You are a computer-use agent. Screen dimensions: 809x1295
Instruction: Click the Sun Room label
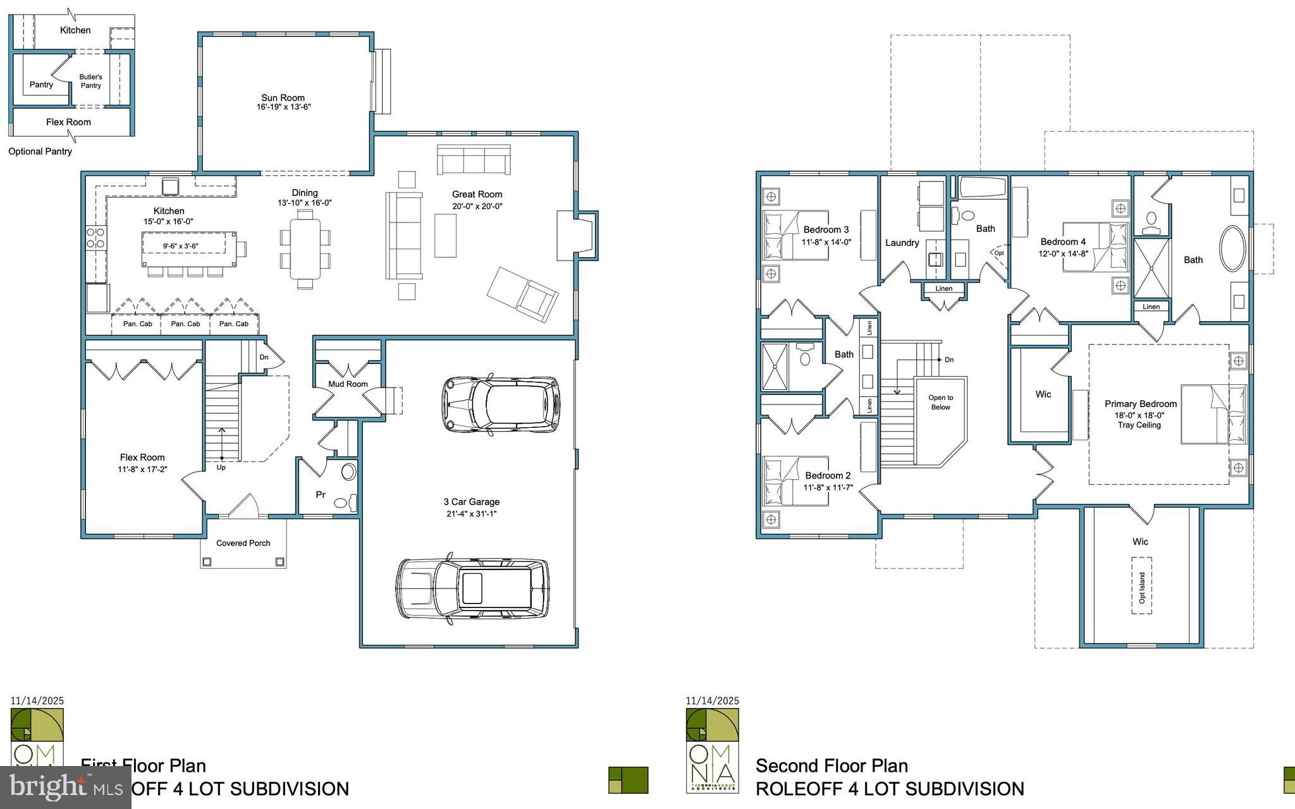(283, 98)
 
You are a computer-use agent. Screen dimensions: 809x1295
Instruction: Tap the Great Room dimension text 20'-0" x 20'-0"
(477, 206)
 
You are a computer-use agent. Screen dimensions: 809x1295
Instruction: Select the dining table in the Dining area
(305, 248)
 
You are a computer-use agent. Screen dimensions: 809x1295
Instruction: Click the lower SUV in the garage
(473, 588)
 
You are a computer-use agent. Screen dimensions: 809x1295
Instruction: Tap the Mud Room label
(348, 384)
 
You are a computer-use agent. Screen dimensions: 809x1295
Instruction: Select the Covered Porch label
(243, 543)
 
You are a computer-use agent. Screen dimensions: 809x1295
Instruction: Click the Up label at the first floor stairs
(221, 468)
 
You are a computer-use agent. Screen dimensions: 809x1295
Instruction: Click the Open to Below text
(940, 403)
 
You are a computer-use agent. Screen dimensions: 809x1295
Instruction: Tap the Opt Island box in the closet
(1141, 586)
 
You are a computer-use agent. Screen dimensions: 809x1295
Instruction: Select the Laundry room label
(902, 243)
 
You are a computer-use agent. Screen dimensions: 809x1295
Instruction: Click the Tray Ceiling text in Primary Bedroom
(1139, 425)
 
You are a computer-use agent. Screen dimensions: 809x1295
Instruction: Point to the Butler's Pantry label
(90, 81)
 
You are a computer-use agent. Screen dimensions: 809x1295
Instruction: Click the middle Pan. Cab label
(185, 324)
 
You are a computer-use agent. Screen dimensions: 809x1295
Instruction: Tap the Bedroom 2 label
(828, 475)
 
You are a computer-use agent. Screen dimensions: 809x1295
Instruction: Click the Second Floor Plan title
(832, 766)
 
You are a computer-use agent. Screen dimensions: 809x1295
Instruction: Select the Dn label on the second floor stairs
(949, 360)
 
